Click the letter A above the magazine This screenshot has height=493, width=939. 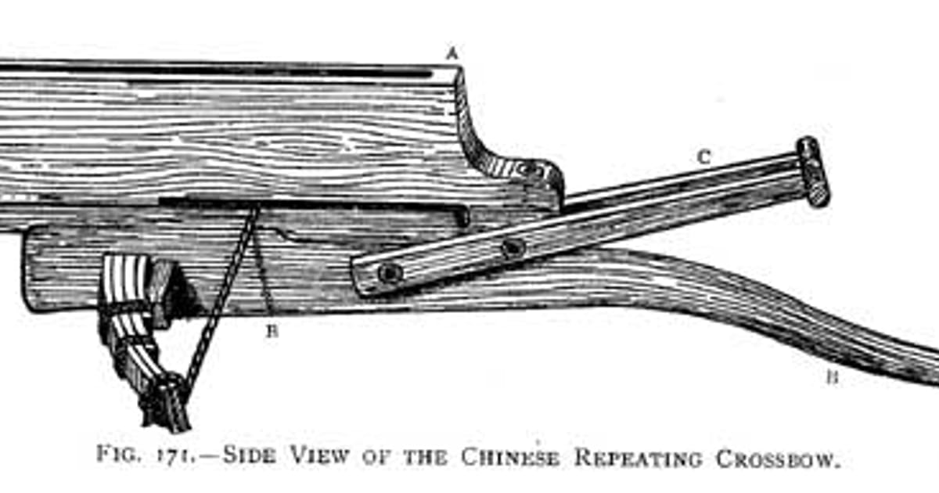coord(451,53)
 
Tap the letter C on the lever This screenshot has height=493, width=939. coord(703,157)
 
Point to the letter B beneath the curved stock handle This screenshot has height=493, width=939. coord(832,378)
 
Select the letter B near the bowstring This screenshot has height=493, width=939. coord(272,330)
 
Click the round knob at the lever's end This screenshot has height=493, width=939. coord(813,171)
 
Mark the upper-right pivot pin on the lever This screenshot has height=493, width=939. coord(513,249)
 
